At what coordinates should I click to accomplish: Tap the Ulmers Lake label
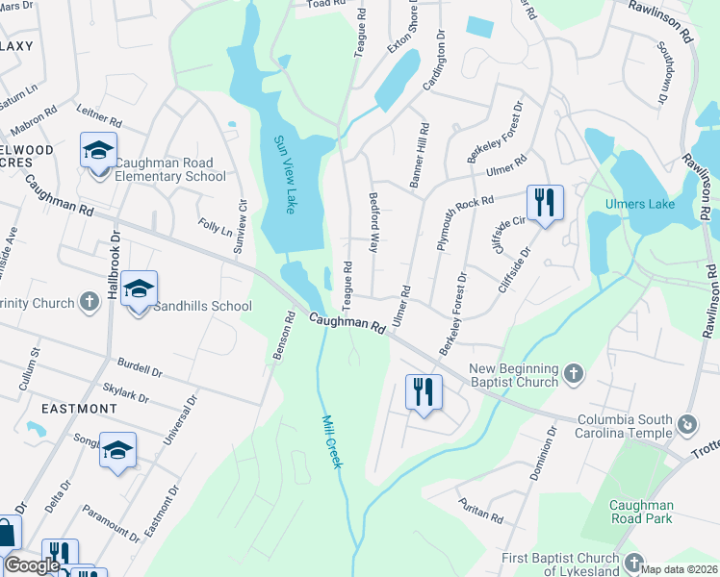(639, 204)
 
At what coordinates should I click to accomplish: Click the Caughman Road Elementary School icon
(98, 152)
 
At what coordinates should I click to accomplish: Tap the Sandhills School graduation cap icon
(139, 290)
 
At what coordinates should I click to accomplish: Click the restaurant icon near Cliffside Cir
(544, 203)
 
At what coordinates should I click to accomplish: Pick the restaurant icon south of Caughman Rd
(423, 392)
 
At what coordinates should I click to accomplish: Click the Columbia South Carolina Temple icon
(687, 423)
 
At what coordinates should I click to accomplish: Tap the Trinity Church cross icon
(90, 303)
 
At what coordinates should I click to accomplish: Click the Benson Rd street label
(282, 336)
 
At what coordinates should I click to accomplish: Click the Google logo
(32, 565)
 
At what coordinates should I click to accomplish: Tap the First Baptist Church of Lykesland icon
(632, 563)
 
